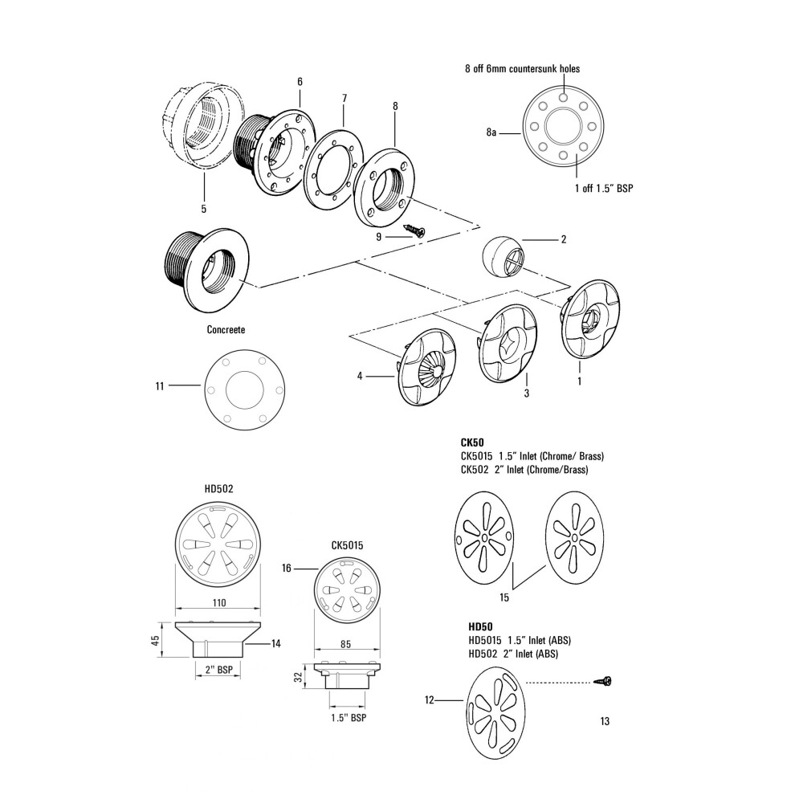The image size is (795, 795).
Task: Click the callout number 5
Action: click(204, 209)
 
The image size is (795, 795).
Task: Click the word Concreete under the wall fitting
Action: click(226, 330)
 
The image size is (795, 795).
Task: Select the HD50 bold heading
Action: click(479, 626)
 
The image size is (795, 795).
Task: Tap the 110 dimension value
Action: click(219, 603)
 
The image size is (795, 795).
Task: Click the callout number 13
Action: click(604, 720)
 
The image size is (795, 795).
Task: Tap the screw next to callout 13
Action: click(602, 682)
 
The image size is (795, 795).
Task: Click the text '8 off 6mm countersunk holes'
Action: click(522, 69)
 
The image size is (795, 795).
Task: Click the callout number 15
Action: click(505, 598)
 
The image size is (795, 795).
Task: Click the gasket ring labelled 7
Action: click(332, 171)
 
